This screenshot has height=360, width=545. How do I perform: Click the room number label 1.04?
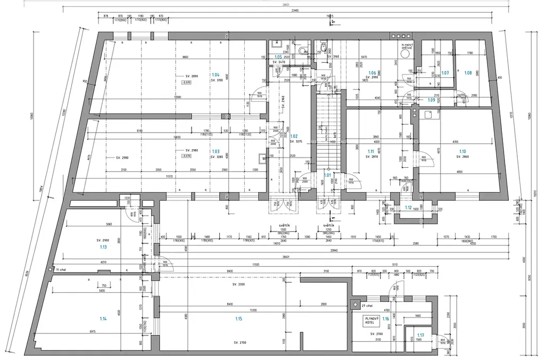pos(215,75)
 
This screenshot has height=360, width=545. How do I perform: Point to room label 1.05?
pos(278,57)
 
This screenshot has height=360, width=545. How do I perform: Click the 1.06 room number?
pos(373,72)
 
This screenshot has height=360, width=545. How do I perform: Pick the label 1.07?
pos(445,72)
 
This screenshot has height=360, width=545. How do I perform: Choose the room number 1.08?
pos(468,72)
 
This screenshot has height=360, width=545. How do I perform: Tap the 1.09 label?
pos(432,100)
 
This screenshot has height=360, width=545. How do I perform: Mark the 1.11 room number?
pos(370,152)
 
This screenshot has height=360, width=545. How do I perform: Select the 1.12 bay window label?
pos(409,207)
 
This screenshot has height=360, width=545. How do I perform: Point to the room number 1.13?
pos(103,247)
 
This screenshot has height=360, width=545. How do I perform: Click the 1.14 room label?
pos(103,318)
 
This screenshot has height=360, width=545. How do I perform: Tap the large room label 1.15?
pos(238,318)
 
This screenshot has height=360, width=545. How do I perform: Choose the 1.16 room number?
pos(385,318)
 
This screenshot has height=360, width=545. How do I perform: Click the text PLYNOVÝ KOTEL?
pos(370,320)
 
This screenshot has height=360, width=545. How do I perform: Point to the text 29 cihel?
pos(366,306)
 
